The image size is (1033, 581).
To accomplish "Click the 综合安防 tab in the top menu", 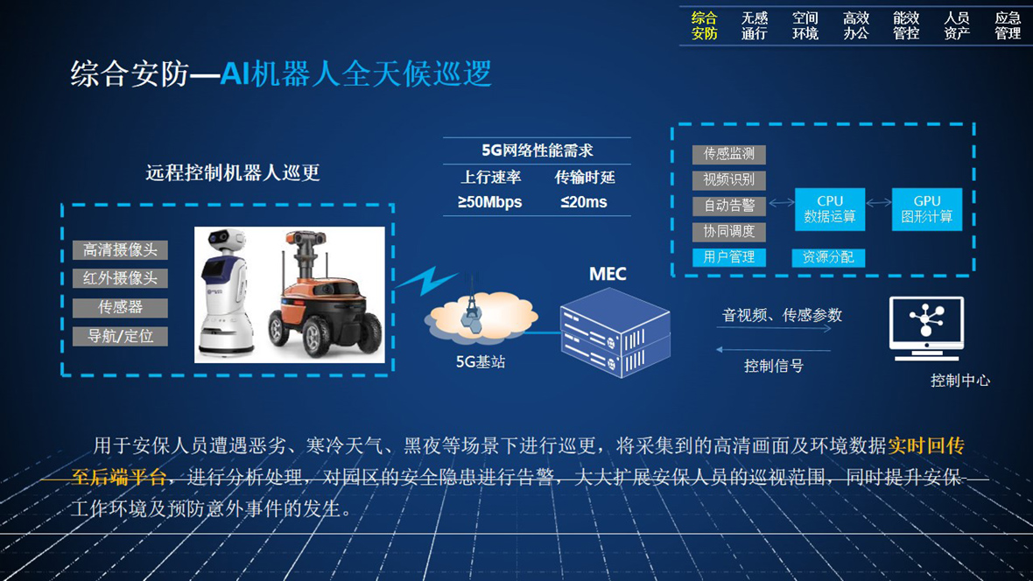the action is point(704,25).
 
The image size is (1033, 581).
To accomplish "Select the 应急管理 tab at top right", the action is point(1008,25).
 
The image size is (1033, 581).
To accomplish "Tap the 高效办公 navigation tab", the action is point(856,25).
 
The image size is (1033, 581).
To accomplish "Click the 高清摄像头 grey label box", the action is point(120,249).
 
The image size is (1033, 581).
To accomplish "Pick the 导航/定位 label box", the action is point(120,336).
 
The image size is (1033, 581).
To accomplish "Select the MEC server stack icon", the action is point(615,332).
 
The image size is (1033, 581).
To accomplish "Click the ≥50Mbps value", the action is point(489,202).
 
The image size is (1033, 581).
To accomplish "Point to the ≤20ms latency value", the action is point(584,202).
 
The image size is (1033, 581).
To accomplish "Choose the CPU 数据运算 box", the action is point(829,209).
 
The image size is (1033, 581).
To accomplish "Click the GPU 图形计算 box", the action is point(926,209).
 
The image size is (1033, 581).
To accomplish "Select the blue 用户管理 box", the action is point(728,257).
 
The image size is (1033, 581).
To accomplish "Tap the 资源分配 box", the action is point(828,257).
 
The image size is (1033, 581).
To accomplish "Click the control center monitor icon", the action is point(926,328).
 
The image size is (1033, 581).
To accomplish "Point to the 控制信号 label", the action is point(773,367).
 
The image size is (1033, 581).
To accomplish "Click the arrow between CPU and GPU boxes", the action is point(878,203).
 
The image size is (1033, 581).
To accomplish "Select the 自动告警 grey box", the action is point(728,206).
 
